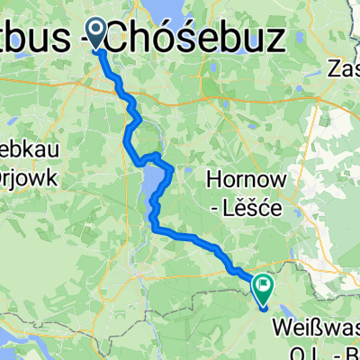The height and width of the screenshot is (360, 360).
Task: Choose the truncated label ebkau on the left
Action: (x=27, y=148)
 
